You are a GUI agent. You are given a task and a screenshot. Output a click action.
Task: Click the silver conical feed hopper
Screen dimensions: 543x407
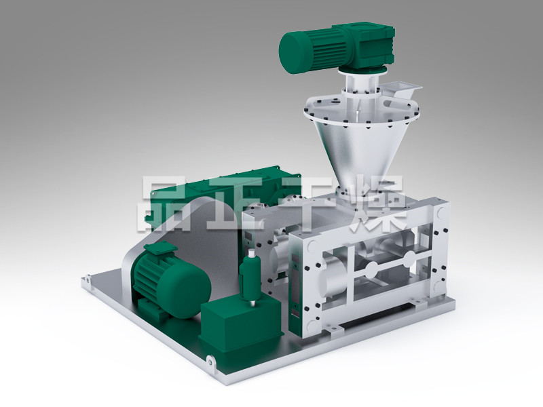pos(360,145)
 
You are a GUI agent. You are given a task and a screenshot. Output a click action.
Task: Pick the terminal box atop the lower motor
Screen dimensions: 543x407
pos(160,248)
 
